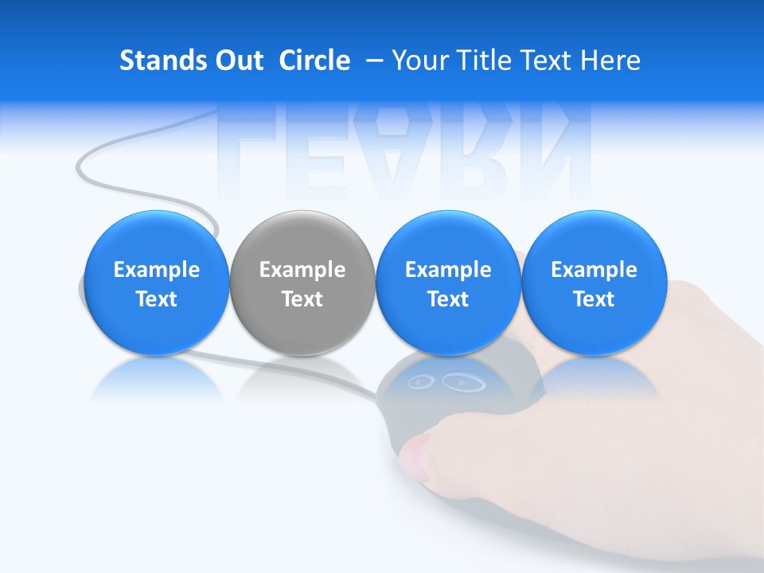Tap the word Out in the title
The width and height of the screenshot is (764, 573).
pyautogui.click(x=238, y=60)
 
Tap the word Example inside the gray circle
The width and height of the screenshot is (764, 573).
pyautogui.click(x=302, y=270)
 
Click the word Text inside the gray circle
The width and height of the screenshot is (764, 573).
pyautogui.click(x=302, y=299)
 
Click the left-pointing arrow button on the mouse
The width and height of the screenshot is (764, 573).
pyautogui.click(x=420, y=383)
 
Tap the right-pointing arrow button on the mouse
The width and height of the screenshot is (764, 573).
pyautogui.click(x=459, y=383)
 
